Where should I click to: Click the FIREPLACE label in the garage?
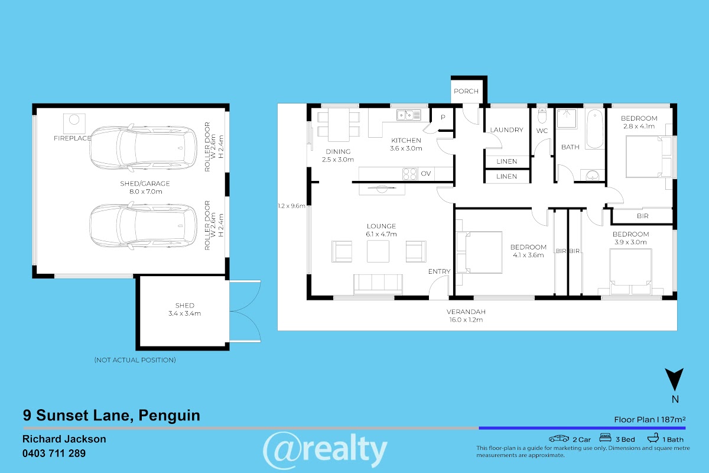(73, 138)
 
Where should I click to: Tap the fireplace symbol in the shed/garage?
(74, 123)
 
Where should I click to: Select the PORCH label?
(466, 91)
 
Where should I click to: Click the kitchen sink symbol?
(409, 115)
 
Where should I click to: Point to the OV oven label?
(426, 174)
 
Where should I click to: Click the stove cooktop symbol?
(409, 174)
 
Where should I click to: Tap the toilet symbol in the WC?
(542, 116)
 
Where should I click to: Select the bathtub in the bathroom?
(595, 129)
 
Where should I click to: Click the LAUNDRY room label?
(507, 130)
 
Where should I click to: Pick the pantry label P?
(443, 117)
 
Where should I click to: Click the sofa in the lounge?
(378, 284)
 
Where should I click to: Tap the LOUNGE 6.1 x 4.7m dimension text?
(381, 231)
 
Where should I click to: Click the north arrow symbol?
(674, 378)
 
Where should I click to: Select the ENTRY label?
(439, 271)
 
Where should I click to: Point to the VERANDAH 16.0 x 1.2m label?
(466, 316)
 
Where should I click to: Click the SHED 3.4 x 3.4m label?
(184, 310)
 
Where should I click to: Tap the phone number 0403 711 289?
(54, 453)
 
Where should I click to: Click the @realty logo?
(325, 450)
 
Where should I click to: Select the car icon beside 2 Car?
(559, 439)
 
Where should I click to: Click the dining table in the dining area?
(339, 125)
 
